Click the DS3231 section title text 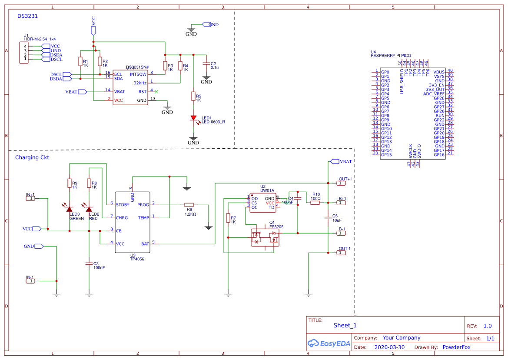[27, 16]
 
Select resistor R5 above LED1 [193, 96]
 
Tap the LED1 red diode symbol [193, 118]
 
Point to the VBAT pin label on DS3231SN [120, 92]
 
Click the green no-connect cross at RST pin [156, 92]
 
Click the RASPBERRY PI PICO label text [390, 56]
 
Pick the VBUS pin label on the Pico [439, 72]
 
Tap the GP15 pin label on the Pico [386, 155]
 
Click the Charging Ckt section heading [32, 157]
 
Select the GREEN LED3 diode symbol [70, 209]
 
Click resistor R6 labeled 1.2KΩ [189, 204]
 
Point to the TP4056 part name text [137, 259]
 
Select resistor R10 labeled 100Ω [315, 202]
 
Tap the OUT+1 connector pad [342, 183]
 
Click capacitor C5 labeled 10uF [328, 217]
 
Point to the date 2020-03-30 [389, 347]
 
